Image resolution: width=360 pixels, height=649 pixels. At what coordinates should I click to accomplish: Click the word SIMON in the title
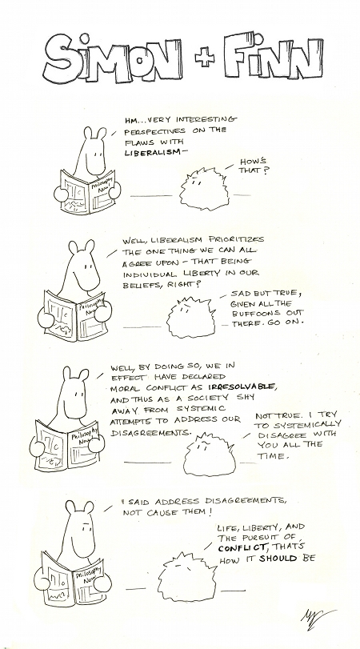tap(113, 58)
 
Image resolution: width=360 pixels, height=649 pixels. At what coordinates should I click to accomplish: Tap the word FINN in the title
tap(273, 56)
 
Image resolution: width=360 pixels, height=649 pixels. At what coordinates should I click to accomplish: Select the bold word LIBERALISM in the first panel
tap(153, 152)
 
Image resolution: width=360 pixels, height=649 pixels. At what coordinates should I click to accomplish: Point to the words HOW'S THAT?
tap(253, 166)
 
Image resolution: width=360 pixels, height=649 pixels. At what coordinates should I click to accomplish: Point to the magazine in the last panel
tap(74, 580)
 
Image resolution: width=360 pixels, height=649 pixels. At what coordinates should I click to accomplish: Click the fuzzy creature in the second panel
tap(191, 317)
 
